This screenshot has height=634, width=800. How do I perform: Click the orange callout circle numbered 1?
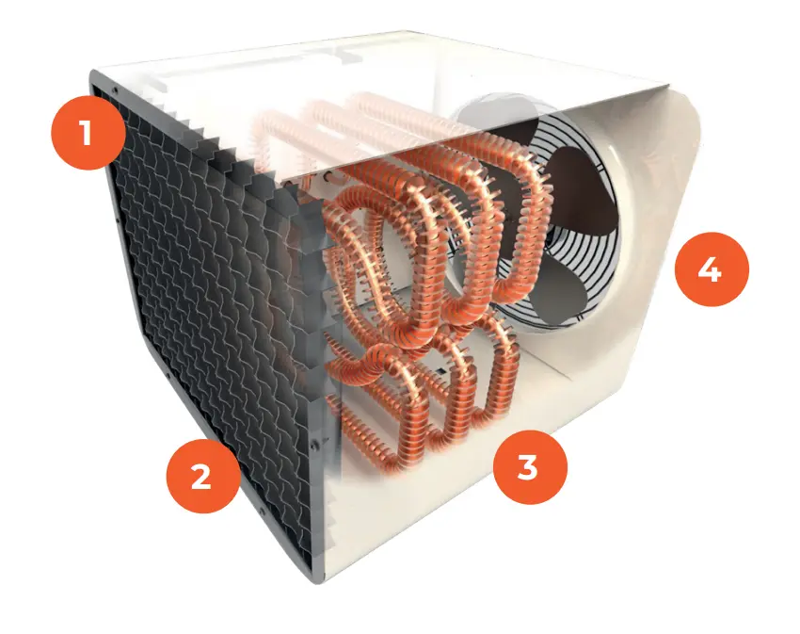pos(87,133)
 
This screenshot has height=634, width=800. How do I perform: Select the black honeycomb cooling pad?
pos(216,311)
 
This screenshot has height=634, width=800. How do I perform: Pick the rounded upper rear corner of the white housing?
pos(692,113)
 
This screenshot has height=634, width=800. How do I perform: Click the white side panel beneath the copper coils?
pos(442,509)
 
